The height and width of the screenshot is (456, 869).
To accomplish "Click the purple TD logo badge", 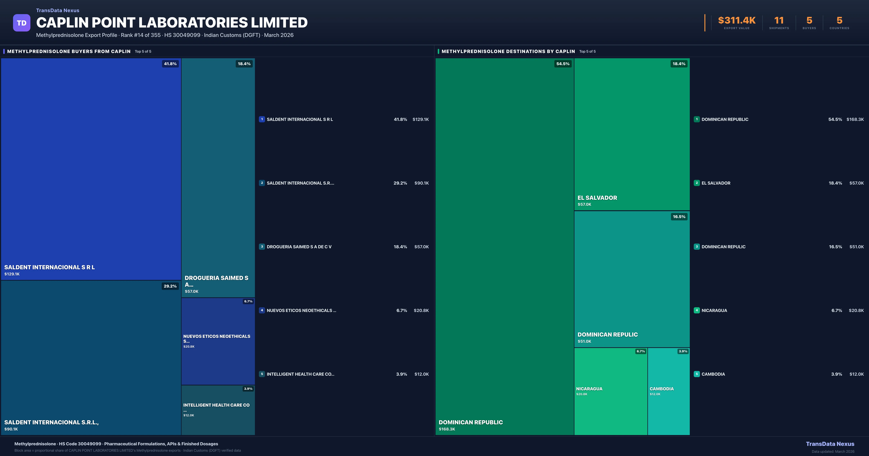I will point(22,23).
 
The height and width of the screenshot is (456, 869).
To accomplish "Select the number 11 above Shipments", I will point(779,21).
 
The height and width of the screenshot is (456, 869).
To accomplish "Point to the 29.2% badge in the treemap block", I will point(170,286).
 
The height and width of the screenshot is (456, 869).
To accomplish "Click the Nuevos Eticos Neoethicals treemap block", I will point(218,341).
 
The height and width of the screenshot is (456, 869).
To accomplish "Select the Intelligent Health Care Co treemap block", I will point(218,410).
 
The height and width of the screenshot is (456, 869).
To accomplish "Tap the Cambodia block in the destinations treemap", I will point(669,391).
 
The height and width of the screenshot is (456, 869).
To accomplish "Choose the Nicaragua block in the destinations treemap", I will point(611,391).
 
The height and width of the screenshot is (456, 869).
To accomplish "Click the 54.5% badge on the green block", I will point(563,64).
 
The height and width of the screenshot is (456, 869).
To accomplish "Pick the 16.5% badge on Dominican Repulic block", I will point(679,217).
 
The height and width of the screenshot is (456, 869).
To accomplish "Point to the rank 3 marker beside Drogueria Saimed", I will point(262,247).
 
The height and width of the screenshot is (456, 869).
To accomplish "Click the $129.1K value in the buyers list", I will point(420,119).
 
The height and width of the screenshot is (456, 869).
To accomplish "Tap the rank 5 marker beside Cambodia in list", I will point(697,374).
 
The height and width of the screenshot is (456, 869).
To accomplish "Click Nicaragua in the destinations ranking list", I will point(714,310).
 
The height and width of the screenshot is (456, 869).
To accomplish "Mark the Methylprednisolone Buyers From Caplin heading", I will point(69,51).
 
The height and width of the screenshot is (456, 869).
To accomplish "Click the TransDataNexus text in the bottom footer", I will point(830,444).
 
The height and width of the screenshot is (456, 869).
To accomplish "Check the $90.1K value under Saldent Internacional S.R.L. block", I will point(11,429).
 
